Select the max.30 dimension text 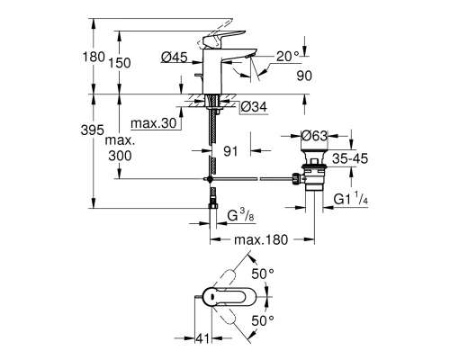(153, 121)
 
